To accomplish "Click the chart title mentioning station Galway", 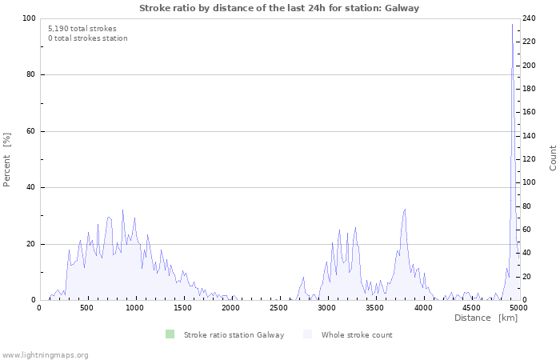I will point(279,8).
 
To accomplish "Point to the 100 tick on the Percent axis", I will point(29,18).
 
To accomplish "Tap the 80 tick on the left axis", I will point(30,75).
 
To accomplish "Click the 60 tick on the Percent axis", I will point(30,131).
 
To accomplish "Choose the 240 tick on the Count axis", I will point(530,18).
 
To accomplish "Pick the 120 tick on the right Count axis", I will point(530,159).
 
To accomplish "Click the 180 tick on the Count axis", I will point(530,89).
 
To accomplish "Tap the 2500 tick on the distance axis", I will point(278,307).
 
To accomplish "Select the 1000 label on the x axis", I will point(134,307).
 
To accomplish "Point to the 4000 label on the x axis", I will point(422,307).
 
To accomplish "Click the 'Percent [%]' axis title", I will point(7,159).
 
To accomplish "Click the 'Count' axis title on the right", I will point(553,158).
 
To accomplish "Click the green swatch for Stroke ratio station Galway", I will point(170,334).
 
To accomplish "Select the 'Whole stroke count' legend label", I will point(357,334).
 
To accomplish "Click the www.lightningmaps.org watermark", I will point(45,354).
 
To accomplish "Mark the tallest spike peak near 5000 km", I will point(513,24).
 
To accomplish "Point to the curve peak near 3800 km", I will point(405,209).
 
